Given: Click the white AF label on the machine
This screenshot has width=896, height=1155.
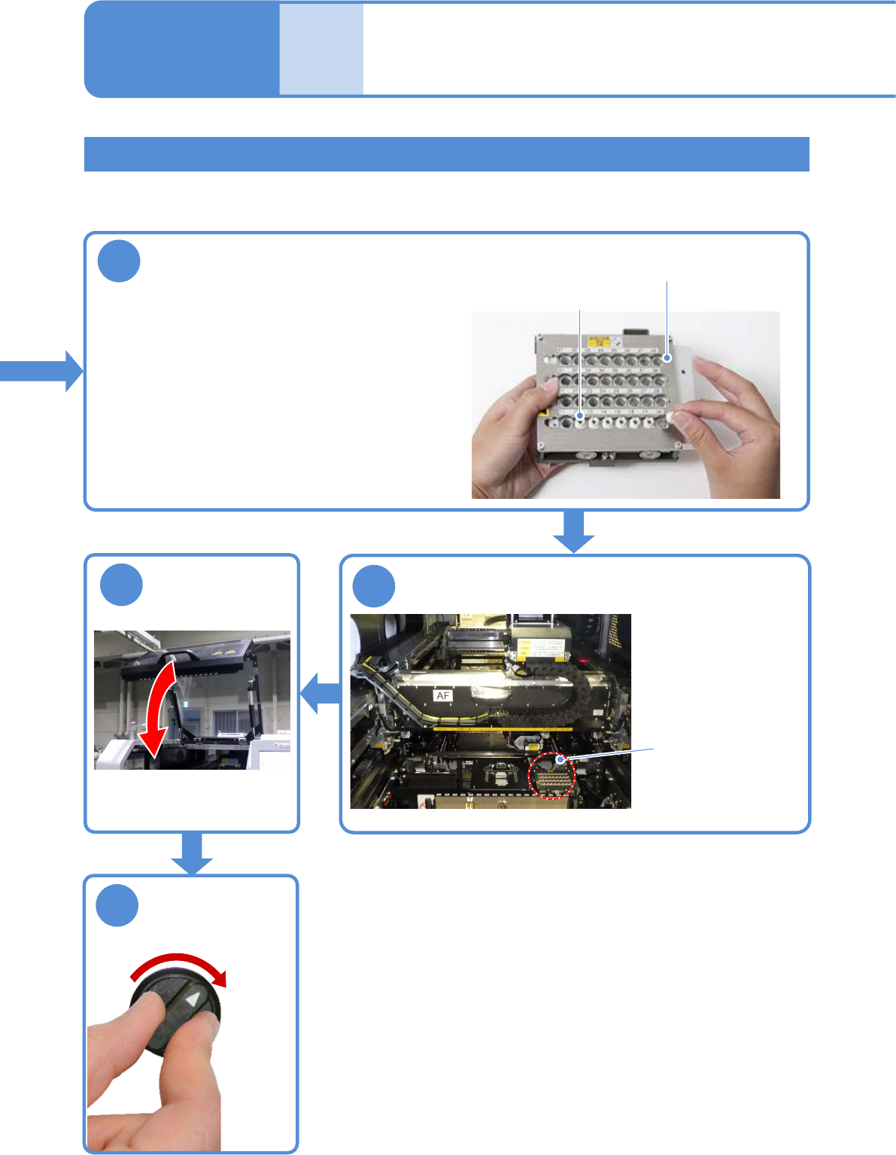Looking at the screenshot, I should (x=443, y=696).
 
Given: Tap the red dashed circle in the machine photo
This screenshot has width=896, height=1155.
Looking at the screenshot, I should (x=551, y=776).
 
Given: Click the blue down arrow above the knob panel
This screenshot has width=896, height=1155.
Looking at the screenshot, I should (x=193, y=853).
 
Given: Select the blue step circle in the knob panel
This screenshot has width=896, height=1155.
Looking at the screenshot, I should (x=117, y=905).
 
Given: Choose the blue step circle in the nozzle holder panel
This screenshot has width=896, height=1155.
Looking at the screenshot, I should (x=119, y=261).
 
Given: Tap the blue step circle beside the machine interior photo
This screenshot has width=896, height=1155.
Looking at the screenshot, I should (x=374, y=586).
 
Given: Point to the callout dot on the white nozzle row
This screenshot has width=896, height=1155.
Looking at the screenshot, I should (x=580, y=415).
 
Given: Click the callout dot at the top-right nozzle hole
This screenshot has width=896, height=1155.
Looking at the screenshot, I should (x=667, y=358).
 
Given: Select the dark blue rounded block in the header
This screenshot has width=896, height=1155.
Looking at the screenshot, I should (x=181, y=49).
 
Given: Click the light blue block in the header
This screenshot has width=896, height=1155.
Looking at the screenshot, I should (x=321, y=49).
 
